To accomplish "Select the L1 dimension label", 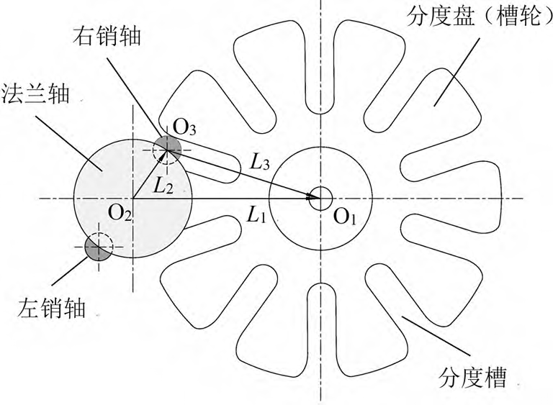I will pos(257,214).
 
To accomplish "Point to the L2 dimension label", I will pos(163,186).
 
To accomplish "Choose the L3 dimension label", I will pos(259,162).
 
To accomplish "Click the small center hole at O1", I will pos(320,198).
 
